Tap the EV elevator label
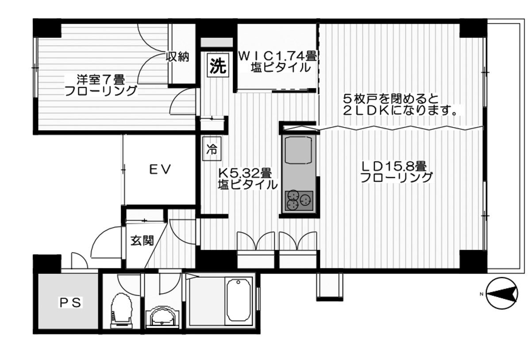click(x=159, y=169)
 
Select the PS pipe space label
click(x=70, y=303)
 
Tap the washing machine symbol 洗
click(x=218, y=66)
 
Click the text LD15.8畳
click(x=394, y=166)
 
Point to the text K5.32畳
click(x=245, y=172)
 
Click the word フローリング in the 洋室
click(x=100, y=92)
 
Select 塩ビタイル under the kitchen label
click(x=247, y=184)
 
